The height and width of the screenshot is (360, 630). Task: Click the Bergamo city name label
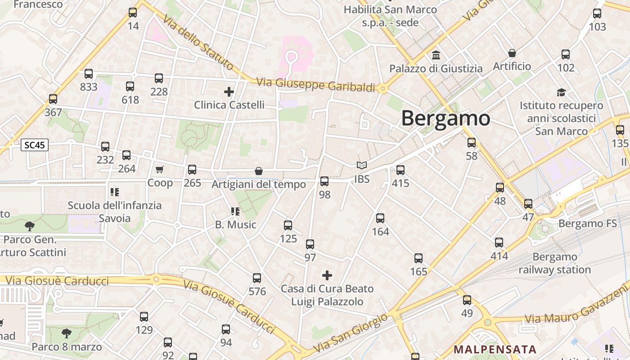(445, 118)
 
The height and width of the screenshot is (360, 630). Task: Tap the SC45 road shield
(35, 145)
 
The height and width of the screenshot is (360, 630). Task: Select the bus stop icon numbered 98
(324, 181)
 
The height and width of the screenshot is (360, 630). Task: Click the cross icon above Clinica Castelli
(229, 92)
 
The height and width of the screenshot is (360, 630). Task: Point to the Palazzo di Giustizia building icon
(436, 55)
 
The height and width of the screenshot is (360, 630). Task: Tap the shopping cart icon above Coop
(160, 169)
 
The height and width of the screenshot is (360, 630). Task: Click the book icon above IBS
(362, 166)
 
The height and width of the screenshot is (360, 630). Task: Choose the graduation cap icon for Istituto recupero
(561, 92)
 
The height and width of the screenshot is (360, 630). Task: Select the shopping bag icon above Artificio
(512, 53)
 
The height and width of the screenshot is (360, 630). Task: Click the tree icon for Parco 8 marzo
(67, 333)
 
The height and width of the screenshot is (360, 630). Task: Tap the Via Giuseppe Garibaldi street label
(315, 85)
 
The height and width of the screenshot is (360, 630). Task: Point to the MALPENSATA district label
(495, 349)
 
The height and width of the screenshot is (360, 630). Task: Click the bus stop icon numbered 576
(257, 278)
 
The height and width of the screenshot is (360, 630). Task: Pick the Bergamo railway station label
(554, 263)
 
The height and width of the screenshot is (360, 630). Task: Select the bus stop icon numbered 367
(53, 99)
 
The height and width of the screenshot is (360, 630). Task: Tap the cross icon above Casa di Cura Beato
(327, 275)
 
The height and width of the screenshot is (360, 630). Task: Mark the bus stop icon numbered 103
(597, 13)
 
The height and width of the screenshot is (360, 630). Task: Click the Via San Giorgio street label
(351, 333)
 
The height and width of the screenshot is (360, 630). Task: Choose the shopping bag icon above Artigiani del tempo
(259, 171)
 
